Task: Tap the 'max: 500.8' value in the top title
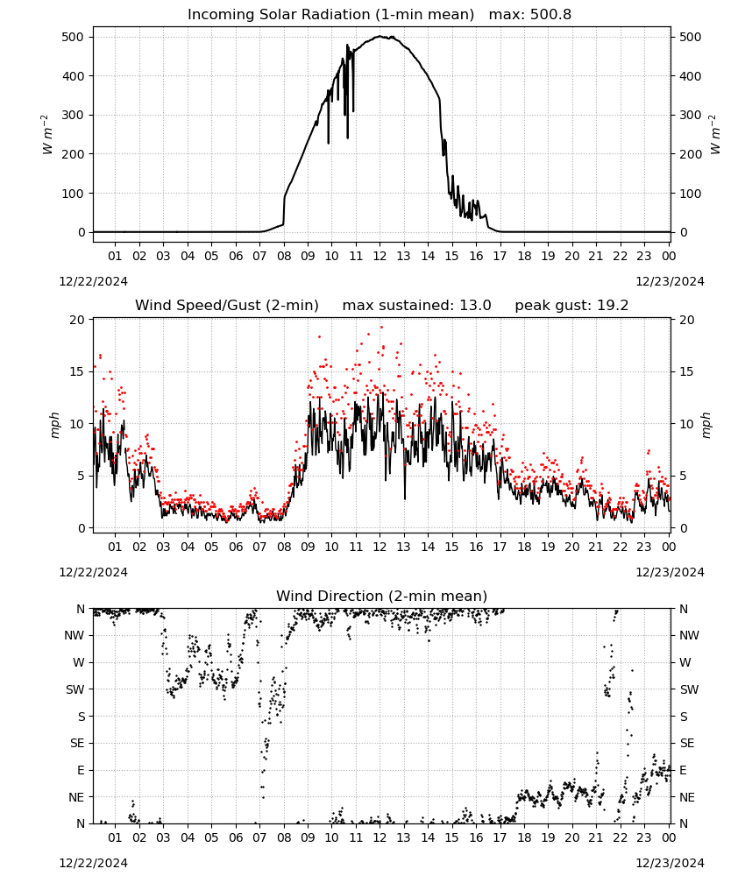(x=530, y=15)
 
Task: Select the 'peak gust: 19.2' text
(x=571, y=306)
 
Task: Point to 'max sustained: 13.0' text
(x=416, y=306)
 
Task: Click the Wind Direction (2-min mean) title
(x=381, y=596)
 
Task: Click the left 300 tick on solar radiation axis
(x=74, y=115)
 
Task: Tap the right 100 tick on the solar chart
(x=691, y=194)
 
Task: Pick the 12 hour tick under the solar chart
(x=380, y=256)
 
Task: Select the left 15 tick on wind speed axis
(x=77, y=371)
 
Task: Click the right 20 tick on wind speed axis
(x=687, y=320)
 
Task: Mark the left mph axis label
(x=54, y=425)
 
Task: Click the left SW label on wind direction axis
(x=75, y=689)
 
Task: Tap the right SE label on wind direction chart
(x=687, y=743)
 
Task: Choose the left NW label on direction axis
(x=74, y=635)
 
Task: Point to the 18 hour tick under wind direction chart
(x=523, y=837)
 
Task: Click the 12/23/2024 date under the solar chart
(x=670, y=281)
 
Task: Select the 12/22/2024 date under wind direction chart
(x=93, y=863)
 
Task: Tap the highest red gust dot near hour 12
(x=382, y=328)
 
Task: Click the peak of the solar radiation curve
(x=380, y=36)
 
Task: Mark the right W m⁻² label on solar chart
(x=716, y=134)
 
